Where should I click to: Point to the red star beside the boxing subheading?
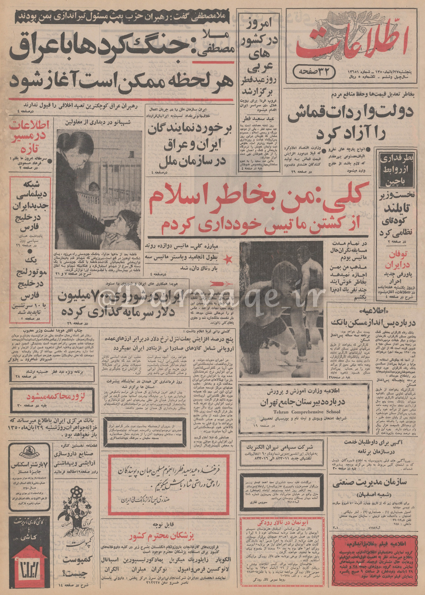coord(226,259)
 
